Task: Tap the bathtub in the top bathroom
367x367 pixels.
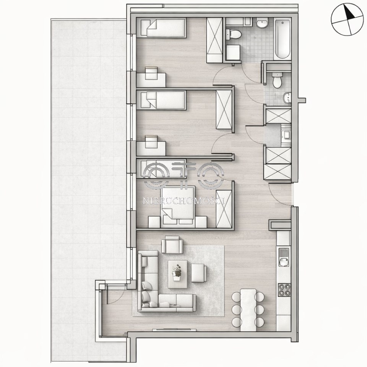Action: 283,39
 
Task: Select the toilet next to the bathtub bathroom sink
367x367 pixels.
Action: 233,34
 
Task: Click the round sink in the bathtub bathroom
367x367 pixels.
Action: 262,23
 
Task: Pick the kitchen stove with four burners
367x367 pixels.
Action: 284,290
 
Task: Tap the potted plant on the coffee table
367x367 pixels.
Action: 177,273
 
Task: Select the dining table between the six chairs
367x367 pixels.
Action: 248,310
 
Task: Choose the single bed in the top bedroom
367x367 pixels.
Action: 163,28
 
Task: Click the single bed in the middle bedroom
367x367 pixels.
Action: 163,100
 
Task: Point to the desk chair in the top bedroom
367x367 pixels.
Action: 151,73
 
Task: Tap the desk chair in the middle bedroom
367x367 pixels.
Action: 151,142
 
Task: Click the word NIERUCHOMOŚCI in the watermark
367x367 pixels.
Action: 184,201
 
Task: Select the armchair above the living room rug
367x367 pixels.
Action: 172,245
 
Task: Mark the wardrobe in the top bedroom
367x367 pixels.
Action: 214,40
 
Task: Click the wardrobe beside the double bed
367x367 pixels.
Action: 224,209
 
